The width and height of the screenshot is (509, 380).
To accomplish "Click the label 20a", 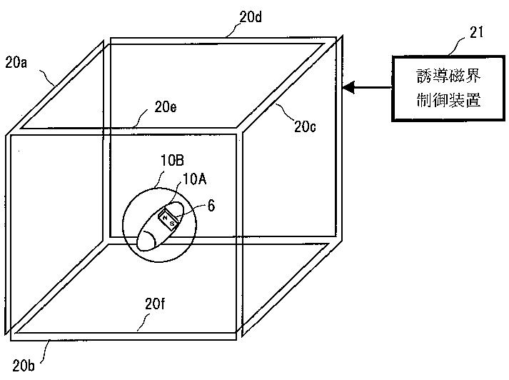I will click(x=16, y=63).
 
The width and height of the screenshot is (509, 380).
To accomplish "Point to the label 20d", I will click(x=250, y=16).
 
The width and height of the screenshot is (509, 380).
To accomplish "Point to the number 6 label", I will click(x=211, y=204).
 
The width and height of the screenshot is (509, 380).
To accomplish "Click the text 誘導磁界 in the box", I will click(x=448, y=76).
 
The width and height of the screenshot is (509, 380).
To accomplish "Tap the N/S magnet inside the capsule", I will click(x=170, y=219).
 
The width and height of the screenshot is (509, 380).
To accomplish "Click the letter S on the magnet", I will click(x=173, y=223).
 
